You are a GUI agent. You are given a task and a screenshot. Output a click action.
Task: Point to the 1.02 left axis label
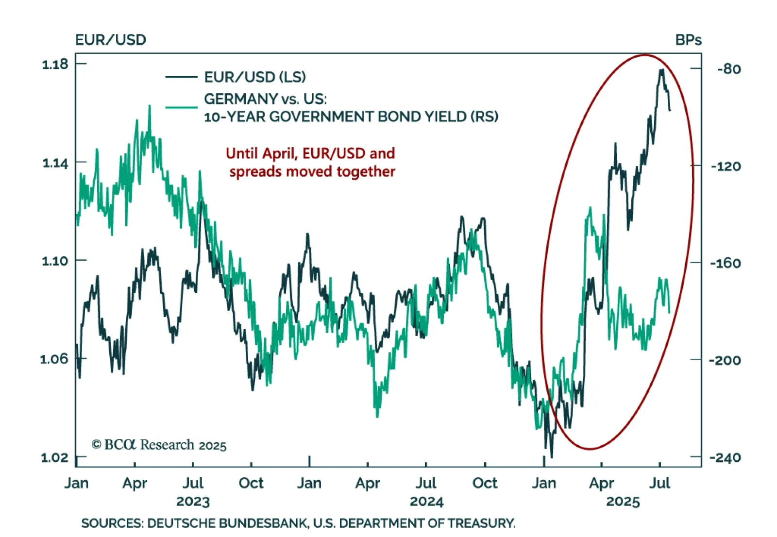click(x=55, y=457)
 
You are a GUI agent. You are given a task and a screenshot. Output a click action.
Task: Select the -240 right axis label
click(x=725, y=457)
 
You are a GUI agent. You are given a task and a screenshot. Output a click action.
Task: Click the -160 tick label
click(x=725, y=263)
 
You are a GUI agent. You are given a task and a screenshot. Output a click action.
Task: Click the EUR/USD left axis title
click(x=110, y=40)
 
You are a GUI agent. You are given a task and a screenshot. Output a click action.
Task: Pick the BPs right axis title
click(x=688, y=40)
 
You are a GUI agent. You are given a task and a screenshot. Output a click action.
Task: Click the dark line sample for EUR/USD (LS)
click(x=181, y=77)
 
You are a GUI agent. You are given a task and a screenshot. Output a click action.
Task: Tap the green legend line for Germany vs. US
click(x=181, y=107)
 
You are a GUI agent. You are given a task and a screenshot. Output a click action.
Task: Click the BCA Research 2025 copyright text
click(x=159, y=445)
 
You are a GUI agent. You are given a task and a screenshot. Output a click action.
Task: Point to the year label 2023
click(x=193, y=502)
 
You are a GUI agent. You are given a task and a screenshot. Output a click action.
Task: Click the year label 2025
click(x=623, y=502)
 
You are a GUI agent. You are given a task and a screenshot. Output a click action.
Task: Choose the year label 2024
click(x=426, y=502)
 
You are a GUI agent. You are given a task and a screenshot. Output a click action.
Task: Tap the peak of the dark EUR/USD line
click(x=661, y=70)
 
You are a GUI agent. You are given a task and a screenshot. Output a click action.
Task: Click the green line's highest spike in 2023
click(x=150, y=106)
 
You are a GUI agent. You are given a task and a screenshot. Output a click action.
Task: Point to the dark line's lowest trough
click(x=552, y=457)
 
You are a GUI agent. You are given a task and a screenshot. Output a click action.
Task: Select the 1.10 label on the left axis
click(x=55, y=261)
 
